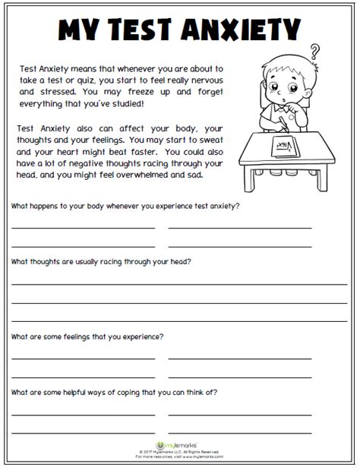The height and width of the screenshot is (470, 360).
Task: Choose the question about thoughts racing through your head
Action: [101, 261]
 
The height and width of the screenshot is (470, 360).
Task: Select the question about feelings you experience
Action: [87, 336]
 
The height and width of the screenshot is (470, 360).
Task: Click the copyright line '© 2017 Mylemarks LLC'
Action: [179, 453]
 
